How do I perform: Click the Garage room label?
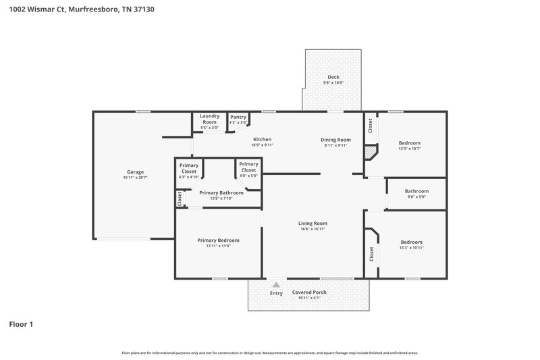pos(136,172)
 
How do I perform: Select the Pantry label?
pos(238,117)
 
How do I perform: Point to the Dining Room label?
pos(335,139)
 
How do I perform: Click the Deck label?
pos(333,77)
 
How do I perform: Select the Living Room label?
pos(313,223)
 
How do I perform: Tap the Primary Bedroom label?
pos(218,240)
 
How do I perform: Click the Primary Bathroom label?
pos(221,192)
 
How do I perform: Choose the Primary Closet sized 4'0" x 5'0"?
pos(248,167)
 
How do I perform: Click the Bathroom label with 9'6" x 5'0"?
pos(416,191)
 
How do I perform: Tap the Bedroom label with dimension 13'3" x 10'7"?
pos(409,143)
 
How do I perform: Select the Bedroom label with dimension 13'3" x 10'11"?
pos(411,242)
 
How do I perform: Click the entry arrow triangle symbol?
pos(275,285)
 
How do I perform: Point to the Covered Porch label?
pos(309,292)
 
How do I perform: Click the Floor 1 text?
pos(21,324)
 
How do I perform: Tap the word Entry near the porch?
pos(276,293)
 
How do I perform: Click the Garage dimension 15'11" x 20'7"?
pos(136,178)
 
